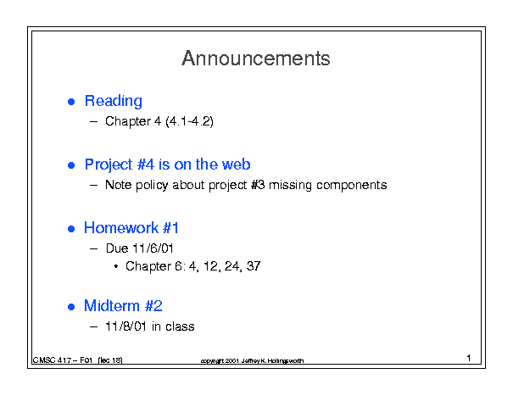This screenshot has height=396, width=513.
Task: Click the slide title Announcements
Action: click(x=256, y=59)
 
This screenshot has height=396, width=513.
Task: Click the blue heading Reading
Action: click(x=114, y=102)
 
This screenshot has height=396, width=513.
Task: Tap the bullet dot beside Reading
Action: click(x=71, y=102)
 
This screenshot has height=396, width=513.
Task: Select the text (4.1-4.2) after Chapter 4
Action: click(x=189, y=121)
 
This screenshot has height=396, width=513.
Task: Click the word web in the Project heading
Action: click(x=236, y=165)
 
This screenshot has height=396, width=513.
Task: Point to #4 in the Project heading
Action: click(x=146, y=165)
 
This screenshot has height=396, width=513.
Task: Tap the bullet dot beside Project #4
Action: click(x=71, y=165)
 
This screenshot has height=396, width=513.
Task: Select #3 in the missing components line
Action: click(x=258, y=185)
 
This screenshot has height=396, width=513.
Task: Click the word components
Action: click(x=352, y=186)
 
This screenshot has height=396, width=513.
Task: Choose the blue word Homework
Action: click(x=121, y=227)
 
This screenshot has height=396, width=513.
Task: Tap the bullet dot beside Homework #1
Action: click(x=71, y=228)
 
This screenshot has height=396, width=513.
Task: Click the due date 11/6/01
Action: click(x=153, y=248)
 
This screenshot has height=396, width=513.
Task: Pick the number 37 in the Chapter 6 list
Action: click(x=254, y=266)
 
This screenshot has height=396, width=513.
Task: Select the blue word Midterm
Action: click(x=112, y=305)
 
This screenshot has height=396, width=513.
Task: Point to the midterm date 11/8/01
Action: click(x=125, y=326)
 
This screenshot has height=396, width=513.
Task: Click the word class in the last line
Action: click(x=180, y=326)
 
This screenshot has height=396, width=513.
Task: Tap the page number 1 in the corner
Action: click(x=469, y=358)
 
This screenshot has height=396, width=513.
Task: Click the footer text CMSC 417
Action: click(x=52, y=360)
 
